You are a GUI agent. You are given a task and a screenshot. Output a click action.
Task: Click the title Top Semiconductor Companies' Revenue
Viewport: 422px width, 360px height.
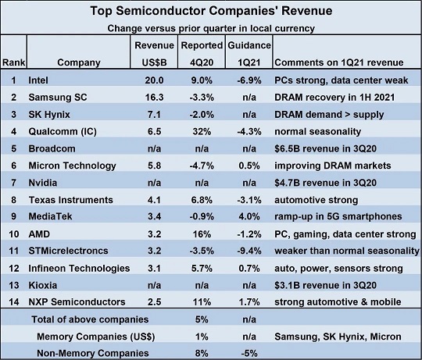click(211, 11)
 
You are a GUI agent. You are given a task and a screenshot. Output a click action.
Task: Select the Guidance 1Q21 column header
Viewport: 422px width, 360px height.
click(249, 54)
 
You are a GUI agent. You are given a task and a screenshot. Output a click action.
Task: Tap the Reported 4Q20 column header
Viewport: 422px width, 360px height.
click(202, 54)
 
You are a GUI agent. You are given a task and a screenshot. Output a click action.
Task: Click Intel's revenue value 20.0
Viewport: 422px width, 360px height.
click(154, 80)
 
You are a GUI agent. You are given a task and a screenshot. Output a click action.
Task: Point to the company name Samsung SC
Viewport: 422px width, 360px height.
click(58, 97)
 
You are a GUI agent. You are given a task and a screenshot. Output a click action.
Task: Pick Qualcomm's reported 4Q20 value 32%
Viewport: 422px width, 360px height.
click(202, 131)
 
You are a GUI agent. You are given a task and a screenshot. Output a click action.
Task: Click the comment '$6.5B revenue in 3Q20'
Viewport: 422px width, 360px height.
click(325, 148)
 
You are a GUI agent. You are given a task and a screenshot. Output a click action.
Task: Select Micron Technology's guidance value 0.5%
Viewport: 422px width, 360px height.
click(249, 166)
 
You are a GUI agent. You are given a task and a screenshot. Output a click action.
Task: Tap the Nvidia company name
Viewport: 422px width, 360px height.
click(43, 183)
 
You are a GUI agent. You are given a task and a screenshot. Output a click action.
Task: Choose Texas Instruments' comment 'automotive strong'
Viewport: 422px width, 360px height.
click(316, 200)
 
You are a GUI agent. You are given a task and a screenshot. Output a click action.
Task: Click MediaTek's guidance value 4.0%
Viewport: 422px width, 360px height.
click(249, 216)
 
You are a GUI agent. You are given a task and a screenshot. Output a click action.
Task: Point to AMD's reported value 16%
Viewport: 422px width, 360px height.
click(202, 234)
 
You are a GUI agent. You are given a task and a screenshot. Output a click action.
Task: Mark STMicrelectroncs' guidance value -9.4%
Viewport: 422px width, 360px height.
click(249, 251)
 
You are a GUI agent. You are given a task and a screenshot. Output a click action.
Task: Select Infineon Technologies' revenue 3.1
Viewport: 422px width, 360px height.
click(154, 269)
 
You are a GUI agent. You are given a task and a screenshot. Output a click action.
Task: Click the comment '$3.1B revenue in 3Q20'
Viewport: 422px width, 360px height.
click(325, 285)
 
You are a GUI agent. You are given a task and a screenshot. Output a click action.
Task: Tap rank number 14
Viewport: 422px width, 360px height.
click(14, 302)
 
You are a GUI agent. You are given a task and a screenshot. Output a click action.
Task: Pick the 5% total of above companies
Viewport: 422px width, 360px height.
click(202, 319)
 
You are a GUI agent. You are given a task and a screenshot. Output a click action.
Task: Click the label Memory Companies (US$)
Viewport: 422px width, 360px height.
click(96, 337)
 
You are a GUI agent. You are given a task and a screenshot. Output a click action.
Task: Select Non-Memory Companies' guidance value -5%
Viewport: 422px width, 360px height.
click(249, 353)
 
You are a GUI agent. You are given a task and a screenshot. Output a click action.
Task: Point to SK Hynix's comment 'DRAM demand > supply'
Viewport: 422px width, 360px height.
click(329, 115)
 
